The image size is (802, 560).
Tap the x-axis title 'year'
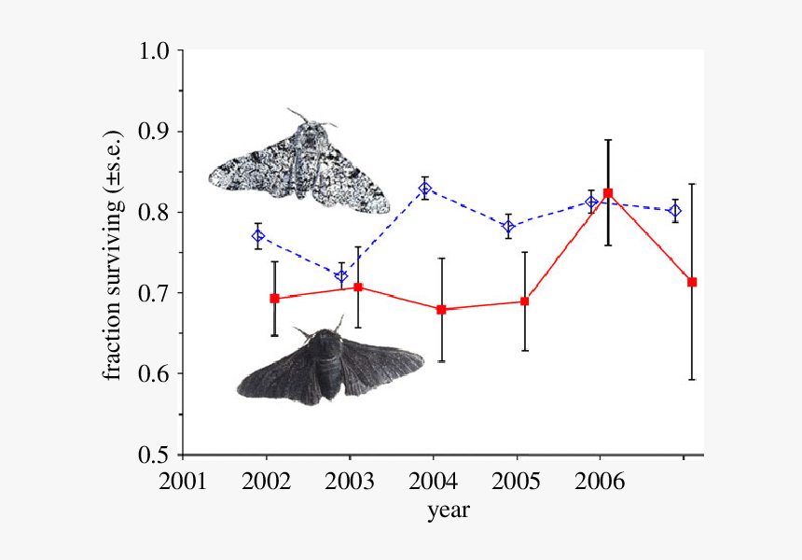[448, 511]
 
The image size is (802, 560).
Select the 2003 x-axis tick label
[349, 483]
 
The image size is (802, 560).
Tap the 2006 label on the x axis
[599, 483]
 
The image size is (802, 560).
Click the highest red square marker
[608, 193]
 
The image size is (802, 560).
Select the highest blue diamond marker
[425, 189]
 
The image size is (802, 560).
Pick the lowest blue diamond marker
[341, 275]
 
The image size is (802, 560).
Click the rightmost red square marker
[692, 282]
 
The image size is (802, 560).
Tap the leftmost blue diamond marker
[258, 236]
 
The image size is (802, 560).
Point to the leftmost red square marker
[274, 299]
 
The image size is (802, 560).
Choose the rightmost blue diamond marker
[675, 211]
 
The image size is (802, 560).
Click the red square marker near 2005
[525, 301]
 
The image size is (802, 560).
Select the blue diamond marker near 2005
[508, 226]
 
